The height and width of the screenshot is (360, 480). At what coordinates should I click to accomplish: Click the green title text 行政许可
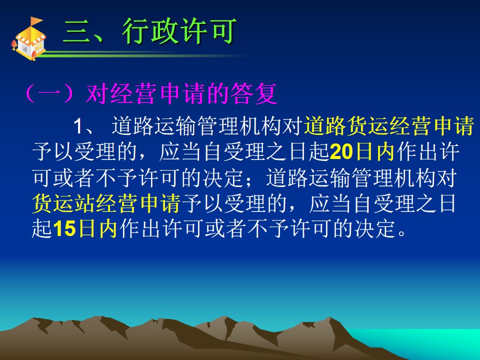pyautogui.click(x=179, y=31)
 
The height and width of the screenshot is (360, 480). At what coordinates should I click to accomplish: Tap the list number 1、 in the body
pyautogui.click(x=82, y=126)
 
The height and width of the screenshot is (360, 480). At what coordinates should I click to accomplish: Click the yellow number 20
pyautogui.click(x=341, y=152)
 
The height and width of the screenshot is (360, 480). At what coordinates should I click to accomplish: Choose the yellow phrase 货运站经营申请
pyautogui.click(x=106, y=203)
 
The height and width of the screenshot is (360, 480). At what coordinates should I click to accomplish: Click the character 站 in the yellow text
pyautogui.click(x=85, y=203)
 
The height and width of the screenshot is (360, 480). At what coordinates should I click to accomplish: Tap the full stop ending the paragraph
pyautogui.click(x=402, y=233)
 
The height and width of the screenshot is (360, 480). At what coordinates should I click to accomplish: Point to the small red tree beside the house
pyautogui.click(x=14, y=44)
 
